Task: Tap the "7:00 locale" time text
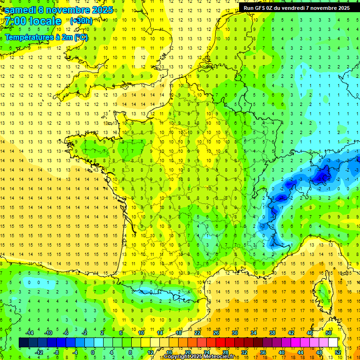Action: click(x=33, y=22)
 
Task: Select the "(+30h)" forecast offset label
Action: click(x=81, y=21)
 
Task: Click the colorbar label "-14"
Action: click(x=30, y=333)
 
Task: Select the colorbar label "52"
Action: click(x=337, y=352)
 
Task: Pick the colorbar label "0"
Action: click(x=93, y=352)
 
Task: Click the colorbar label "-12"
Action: click(x=39, y=352)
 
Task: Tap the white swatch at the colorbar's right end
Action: click(x=333, y=343)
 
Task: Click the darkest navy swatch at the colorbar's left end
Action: click(x=24, y=343)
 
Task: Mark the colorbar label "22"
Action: click(x=197, y=333)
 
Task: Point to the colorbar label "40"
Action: click(x=281, y=352)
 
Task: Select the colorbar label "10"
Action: click(x=141, y=333)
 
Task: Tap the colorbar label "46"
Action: click(x=309, y=333)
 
